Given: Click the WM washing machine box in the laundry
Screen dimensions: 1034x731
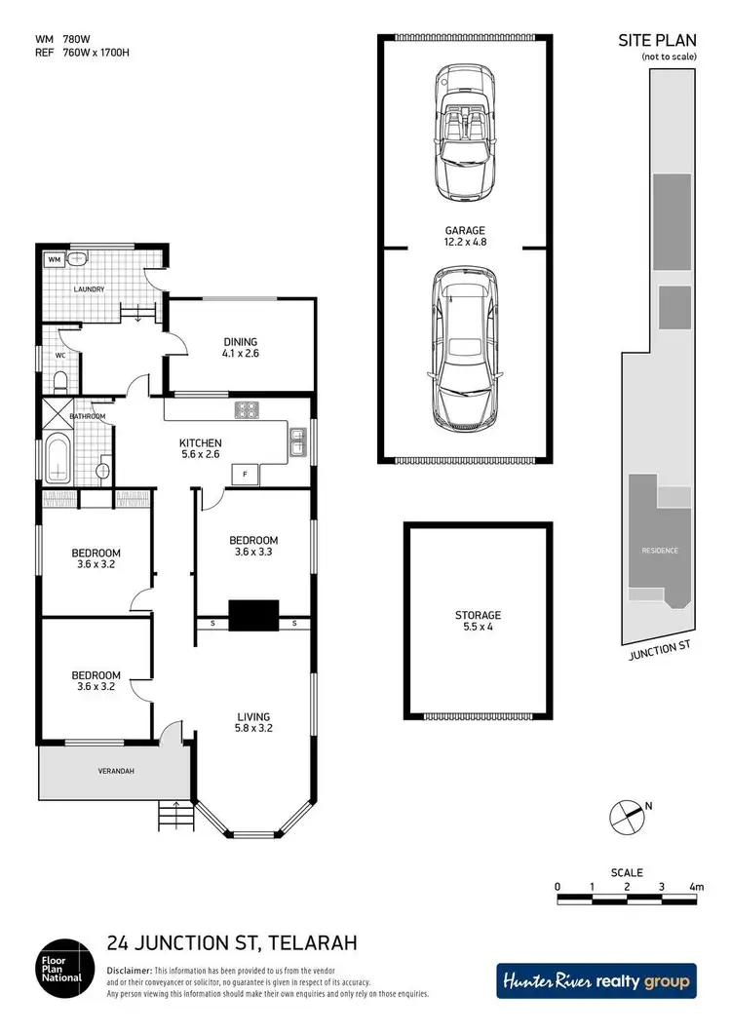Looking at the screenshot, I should pos(54,260).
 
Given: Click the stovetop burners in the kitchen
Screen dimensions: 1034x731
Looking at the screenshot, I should pos(246,410).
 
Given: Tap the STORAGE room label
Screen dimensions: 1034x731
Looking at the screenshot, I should pos(478,616).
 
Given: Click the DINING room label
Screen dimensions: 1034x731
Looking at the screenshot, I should pos(240,342).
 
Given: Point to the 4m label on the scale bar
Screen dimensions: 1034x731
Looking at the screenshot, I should pos(695,887).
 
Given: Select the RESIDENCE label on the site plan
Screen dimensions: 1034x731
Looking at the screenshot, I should pos(659,551).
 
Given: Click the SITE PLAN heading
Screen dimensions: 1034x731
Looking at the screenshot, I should pos(656,41).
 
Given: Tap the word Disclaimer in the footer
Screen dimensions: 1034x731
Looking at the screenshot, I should pos(129,971).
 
